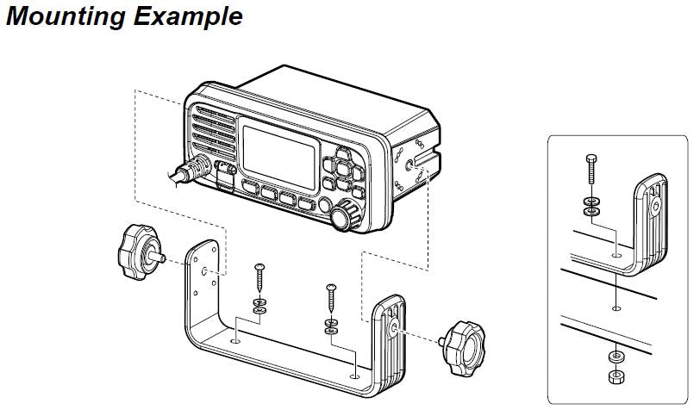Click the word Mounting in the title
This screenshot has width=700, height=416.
60,16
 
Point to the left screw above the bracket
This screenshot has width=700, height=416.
259,279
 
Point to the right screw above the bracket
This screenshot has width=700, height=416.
330,298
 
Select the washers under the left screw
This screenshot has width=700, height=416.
260,306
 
